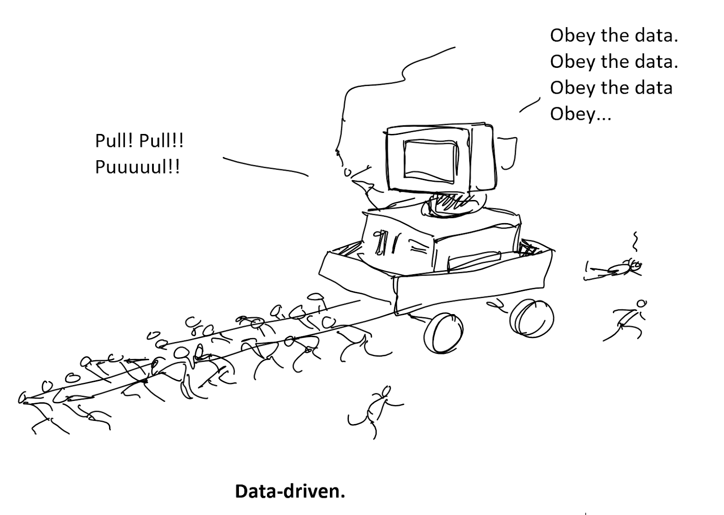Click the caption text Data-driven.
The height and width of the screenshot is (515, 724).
[290, 491]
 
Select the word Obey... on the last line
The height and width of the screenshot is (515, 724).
[580, 114]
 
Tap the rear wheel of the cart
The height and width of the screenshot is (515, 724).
[532, 318]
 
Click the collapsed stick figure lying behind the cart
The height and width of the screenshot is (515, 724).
[615, 270]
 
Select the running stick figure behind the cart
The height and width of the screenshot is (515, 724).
[627, 319]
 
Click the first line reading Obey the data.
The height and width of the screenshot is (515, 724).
[614, 36]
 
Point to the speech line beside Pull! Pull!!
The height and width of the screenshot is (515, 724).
[265, 166]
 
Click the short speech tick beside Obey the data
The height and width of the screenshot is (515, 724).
[529, 105]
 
